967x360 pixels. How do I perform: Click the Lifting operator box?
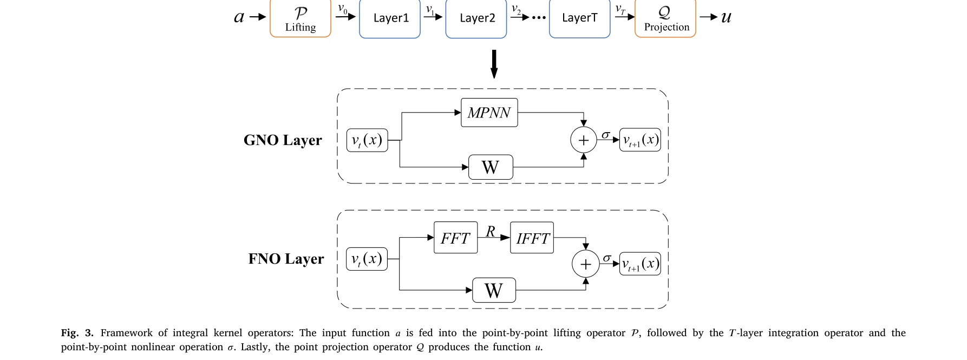coord(300,19)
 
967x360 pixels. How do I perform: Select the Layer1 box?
coord(390,19)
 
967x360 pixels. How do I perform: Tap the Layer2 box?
coord(476,19)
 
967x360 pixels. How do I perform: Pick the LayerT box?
coord(579,19)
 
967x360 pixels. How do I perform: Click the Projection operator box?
coord(665,19)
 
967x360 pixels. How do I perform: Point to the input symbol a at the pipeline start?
coord(239,17)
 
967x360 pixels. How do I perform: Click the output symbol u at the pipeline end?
coord(726,17)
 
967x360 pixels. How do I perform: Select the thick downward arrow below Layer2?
coord(494,64)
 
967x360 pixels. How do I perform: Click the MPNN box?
coord(489,113)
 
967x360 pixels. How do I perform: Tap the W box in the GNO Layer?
coord(491,167)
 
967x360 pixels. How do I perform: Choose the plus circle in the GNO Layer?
coord(584,140)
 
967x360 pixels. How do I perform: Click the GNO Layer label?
coord(283,140)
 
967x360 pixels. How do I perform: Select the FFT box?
coord(455,238)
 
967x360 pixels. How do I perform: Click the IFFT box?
coord(532,238)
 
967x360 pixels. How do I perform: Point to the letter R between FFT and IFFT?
coord(491,231)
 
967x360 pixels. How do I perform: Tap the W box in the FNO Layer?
coord(494,291)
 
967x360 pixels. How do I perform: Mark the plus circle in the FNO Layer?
coord(585,264)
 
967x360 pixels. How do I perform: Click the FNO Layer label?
coord(286,259)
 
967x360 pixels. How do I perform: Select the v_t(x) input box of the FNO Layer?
coord(367,259)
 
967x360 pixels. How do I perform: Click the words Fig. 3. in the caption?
coord(77,333)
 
